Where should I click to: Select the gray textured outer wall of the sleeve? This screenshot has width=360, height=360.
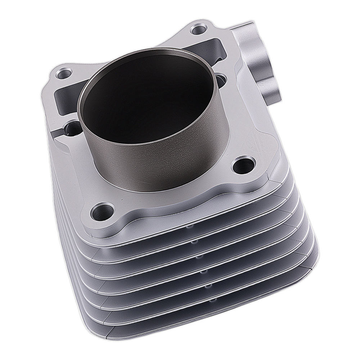coord(162,151)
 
